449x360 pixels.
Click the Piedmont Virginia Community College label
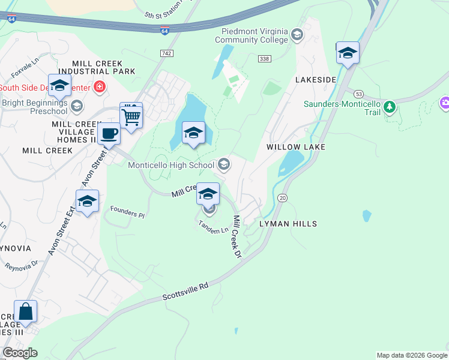255,35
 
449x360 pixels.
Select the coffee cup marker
109,134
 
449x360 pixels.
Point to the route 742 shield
167,54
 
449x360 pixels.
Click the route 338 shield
264,59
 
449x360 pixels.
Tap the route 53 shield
358,94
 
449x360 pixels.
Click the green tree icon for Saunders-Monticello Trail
390,107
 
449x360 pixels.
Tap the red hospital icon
100,88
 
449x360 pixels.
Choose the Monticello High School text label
171,165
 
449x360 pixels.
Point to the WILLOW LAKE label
296,147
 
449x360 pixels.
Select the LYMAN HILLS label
288,224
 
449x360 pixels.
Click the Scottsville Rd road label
186,292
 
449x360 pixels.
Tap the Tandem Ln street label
213,227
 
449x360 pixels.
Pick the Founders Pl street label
127,211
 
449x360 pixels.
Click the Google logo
20,352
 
